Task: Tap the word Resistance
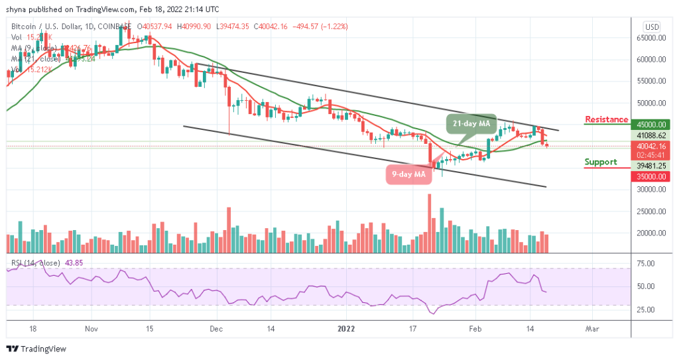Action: click(606, 119)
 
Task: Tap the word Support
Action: click(601, 162)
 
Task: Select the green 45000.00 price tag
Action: click(650, 124)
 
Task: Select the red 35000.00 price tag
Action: click(650, 176)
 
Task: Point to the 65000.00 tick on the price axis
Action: click(650, 38)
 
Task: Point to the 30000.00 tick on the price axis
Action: click(650, 189)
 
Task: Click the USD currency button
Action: click(651, 27)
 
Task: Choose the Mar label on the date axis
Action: click(593, 328)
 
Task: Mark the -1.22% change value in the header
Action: click(334, 27)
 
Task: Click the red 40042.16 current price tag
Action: click(650, 146)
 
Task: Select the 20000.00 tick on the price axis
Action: click(650, 233)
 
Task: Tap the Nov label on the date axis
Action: click(92, 328)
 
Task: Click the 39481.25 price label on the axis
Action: click(650, 166)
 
